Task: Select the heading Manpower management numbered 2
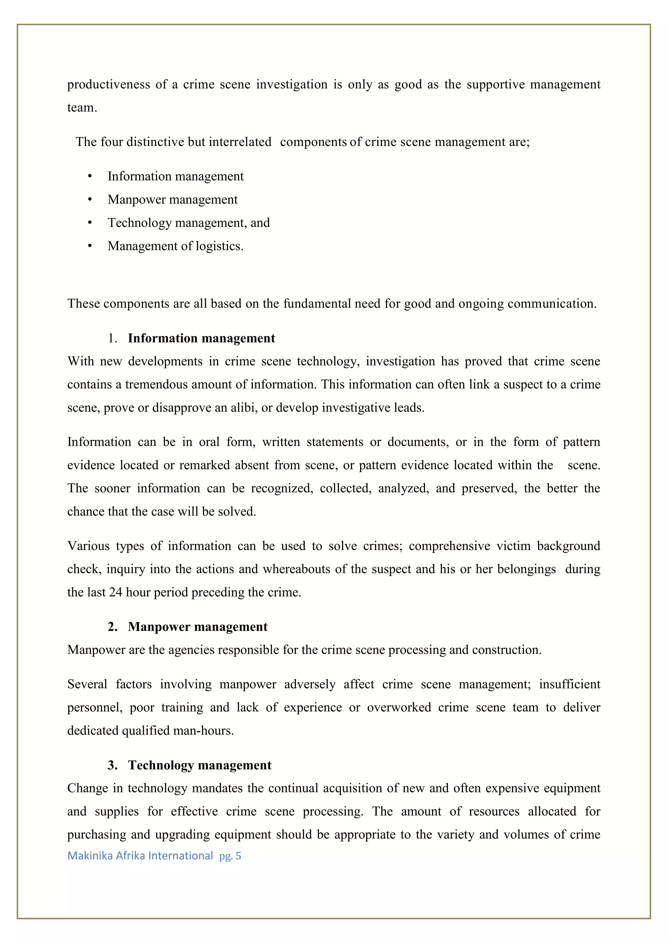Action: (197, 626)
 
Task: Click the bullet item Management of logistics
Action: (175, 246)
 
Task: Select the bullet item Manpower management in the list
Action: (172, 199)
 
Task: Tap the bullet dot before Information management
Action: (90, 176)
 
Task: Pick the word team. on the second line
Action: (82, 108)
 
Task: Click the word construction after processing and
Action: (506, 650)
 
